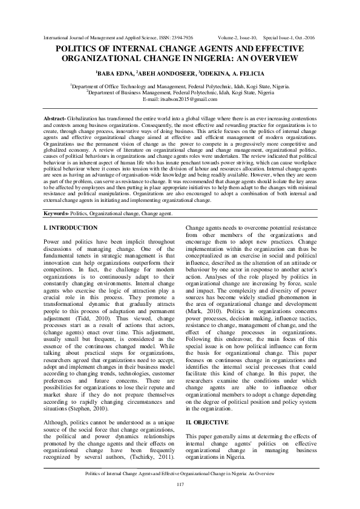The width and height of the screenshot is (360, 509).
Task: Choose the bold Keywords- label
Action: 61,214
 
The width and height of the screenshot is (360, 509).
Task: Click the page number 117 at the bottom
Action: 180,485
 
